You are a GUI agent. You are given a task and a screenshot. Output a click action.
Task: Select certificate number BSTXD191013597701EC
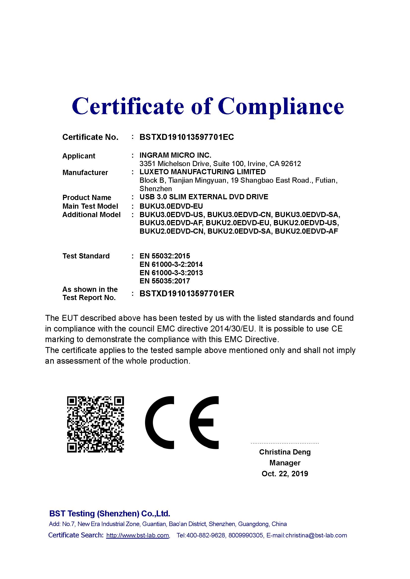point(187,137)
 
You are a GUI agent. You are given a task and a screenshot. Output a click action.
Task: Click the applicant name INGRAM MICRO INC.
point(175,155)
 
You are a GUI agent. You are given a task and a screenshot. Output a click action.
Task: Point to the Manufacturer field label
point(85,173)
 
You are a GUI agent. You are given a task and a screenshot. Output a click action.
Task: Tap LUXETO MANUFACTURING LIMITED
point(203,172)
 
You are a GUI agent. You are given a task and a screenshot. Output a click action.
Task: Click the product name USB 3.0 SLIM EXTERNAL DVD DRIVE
point(204,197)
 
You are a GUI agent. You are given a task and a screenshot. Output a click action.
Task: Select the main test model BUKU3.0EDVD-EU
point(171,206)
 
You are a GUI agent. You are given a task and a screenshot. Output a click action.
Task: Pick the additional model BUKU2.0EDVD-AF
point(306,231)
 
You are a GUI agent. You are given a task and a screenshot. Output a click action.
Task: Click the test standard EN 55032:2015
point(165,256)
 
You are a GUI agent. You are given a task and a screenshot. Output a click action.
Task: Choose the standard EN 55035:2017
point(165,281)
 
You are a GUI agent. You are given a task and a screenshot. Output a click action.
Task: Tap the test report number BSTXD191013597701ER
point(187,294)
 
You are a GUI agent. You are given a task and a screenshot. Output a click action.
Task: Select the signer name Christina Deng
point(285,452)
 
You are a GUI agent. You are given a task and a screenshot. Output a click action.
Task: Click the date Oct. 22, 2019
point(285,474)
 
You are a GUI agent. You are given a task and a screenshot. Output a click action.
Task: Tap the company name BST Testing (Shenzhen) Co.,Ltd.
point(110,513)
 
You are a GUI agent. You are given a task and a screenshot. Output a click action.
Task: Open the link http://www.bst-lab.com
point(138,535)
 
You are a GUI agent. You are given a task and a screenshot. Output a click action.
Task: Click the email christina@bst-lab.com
point(316,535)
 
